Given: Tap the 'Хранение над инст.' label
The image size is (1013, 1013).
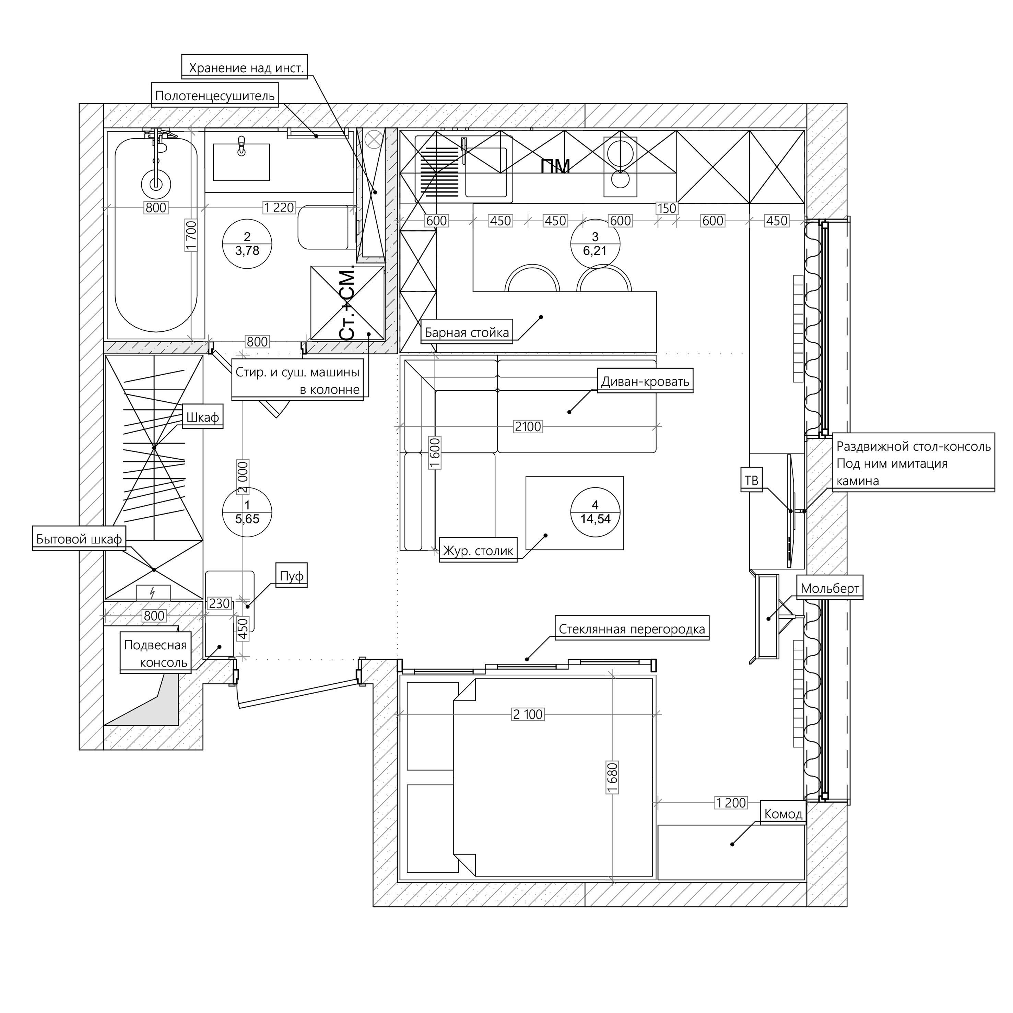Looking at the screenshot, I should pos(245,68).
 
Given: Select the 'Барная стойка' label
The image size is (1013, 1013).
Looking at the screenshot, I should pos(466,332).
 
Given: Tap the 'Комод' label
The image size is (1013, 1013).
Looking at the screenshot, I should pos(783,814).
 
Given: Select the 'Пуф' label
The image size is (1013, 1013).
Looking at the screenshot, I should pos(292,576).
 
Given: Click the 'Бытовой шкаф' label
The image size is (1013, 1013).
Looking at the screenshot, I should pos(79,539).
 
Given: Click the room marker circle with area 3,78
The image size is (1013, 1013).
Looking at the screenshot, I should pos(247,244).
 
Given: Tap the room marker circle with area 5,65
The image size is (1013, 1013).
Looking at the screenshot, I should pos(247,512).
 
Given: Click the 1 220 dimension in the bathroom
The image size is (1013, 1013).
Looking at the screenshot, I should pos(279,208).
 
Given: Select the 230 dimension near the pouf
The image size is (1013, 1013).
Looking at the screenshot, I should pos(219,603).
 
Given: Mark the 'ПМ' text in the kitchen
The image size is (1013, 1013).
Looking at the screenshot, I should pos(556,166).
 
